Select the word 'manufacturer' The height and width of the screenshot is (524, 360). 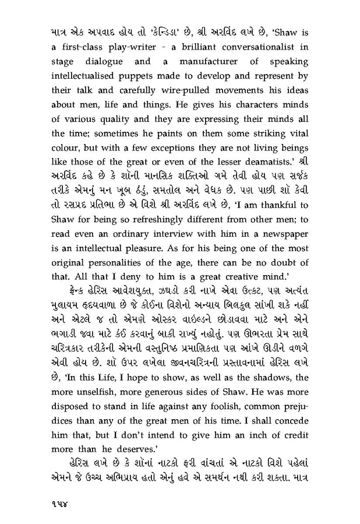pyautogui.click(x=206, y=60)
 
